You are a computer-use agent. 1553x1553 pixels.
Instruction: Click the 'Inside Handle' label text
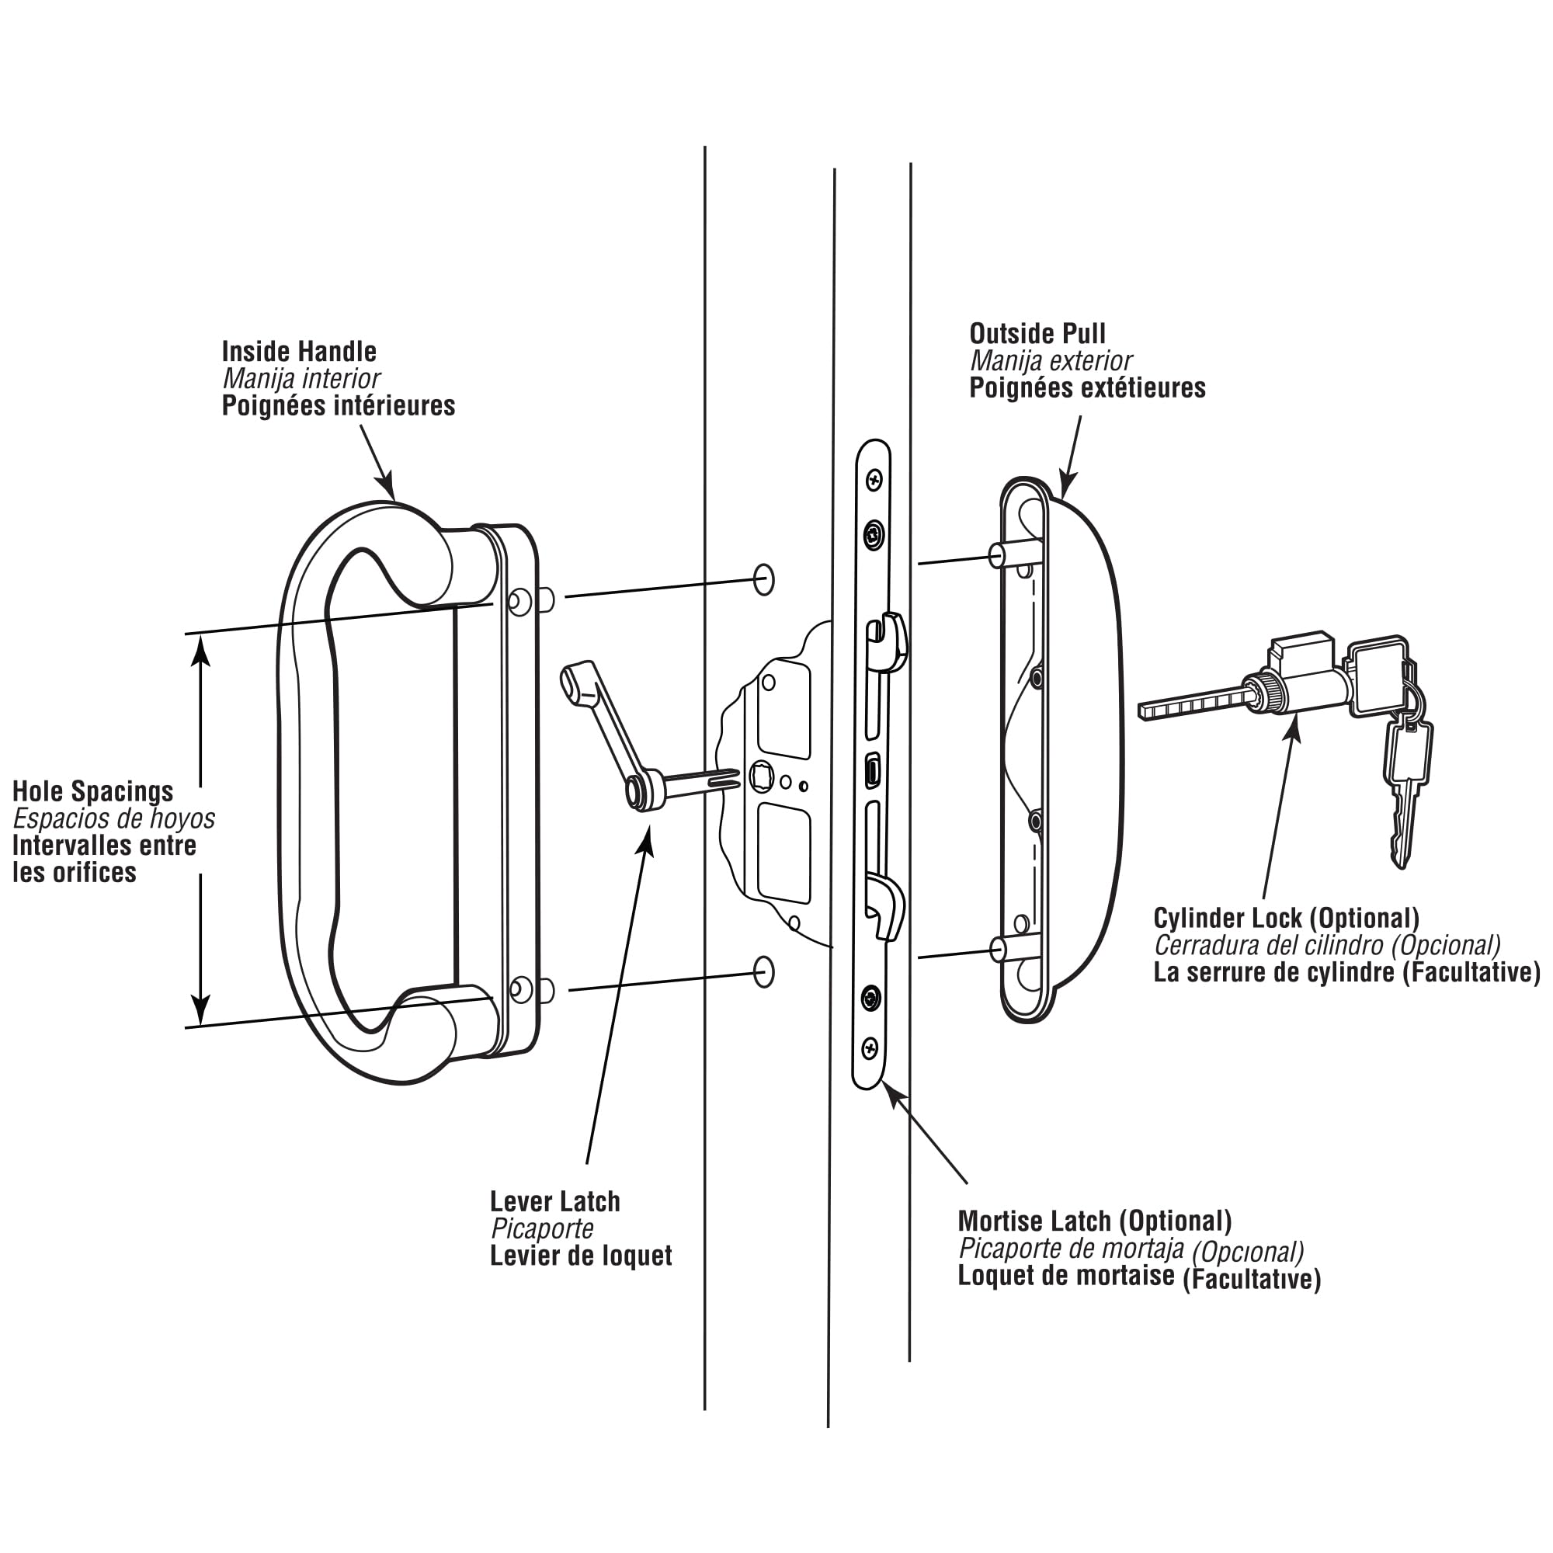pos(299,351)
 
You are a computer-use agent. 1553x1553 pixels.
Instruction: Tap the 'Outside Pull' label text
pos(1037,334)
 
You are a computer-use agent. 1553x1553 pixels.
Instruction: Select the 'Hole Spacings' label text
pos(92,791)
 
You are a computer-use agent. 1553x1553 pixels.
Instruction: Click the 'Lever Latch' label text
pos(554,1202)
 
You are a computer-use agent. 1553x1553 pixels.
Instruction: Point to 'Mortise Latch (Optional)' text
pos(1094,1221)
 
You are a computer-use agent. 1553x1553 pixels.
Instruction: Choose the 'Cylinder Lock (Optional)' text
pos(1286,918)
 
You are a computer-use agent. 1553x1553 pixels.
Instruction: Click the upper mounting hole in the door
pos(763,579)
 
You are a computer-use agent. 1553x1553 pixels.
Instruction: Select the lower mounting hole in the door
pos(763,973)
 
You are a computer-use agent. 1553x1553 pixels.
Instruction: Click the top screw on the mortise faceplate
pos(874,481)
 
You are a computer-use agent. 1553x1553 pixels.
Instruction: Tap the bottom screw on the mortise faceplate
pos(870,1047)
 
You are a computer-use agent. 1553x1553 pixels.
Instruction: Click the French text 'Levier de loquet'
pos(580,1256)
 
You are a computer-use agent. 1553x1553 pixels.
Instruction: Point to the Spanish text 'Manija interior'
pos(301,379)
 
